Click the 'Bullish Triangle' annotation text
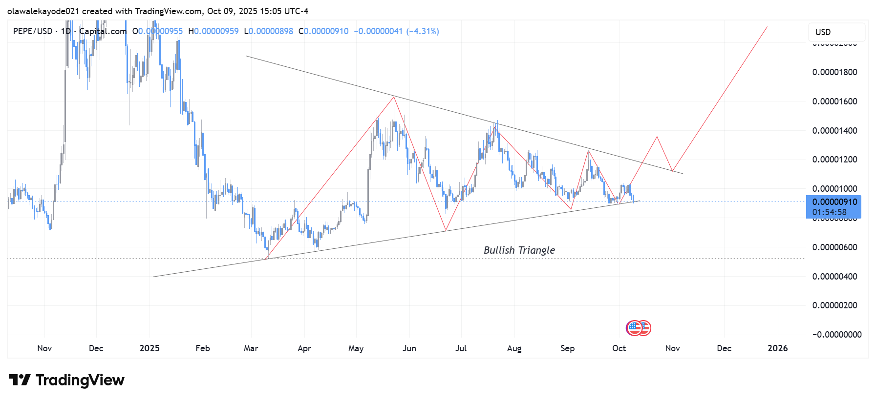pyautogui.click(x=519, y=250)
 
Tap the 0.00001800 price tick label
pyautogui.click(x=834, y=72)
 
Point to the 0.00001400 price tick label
pyautogui.click(x=834, y=131)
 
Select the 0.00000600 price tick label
pyautogui.click(x=834, y=247)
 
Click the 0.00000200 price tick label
pyautogui.click(x=834, y=305)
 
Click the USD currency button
pyautogui.click(x=836, y=32)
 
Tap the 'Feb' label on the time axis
pyautogui.click(x=202, y=348)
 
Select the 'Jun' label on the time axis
pyautogui.click(x=409, y=348)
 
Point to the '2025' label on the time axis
pyautogui.click(x=150, y=348)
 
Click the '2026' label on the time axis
pyautogui.click(x=777, y=348)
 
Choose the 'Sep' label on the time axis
pyautogui.click(x=567, y=348)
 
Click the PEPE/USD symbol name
pyautogui.click(x=33, y=31)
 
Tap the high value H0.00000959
pyautogui.click(x=214, y=31)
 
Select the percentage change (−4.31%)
pyautogui.click(x=423, y=31)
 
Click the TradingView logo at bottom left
pyautogui.click(x=66, y=380)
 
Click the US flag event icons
pyautogui.click(x=639, y=328)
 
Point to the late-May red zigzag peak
pyautogui.click(x=394, y=97)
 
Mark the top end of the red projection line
pyautogui.click(x=767, y=27)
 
